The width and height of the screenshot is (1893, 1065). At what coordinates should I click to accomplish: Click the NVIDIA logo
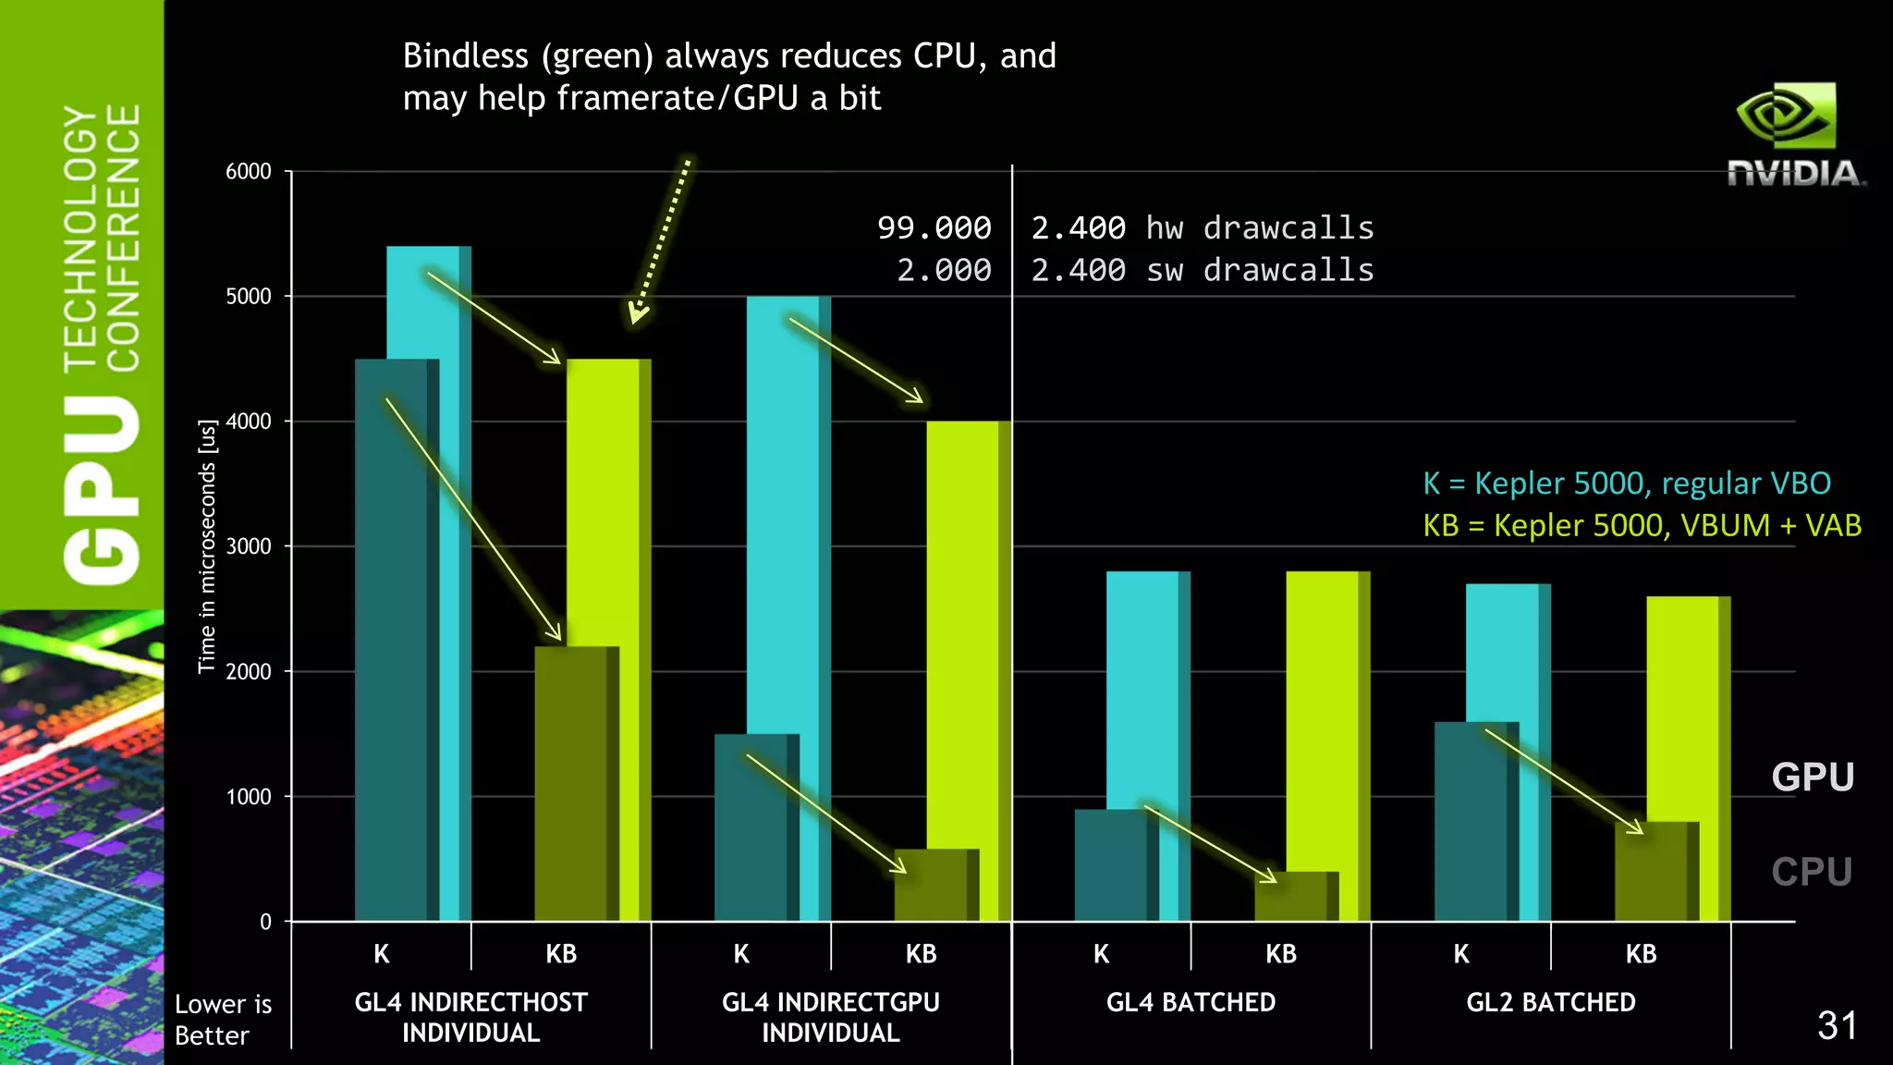pyautogui.click(x=1793, y=135)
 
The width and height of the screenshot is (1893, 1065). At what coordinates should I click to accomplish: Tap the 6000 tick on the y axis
pyautogui.click(x=249, y=172)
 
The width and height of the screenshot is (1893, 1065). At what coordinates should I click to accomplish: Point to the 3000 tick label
pyautogui.click(x=249, y=546)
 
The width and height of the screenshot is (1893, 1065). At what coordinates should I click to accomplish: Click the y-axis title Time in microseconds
pyautogui.click(x=207, y=546)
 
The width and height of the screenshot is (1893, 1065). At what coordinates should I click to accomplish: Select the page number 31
pyautogui.click(x=1836, y=1025)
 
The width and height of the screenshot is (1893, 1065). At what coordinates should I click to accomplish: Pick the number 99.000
pyautogui.click(x=934, y=227)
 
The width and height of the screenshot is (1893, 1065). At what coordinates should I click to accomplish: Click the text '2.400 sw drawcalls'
pyautogui.click(x=1202, y=270)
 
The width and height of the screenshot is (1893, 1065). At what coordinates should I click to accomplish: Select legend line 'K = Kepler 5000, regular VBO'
pyautogui.click(x=1626, y=483)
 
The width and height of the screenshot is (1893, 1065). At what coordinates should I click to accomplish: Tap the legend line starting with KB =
pyautogui.click(x=1641, y=525)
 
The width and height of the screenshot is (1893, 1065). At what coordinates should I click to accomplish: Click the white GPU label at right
pyautogui.click(x=1812, y=777)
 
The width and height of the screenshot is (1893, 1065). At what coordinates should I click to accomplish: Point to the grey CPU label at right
pyautogui.click(x=1811, y=871)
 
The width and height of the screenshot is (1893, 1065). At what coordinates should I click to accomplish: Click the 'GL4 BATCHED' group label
pyautogui.click(x=1191, y=1002)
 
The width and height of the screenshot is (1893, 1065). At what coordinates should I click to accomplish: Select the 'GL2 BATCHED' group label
pyautogui.click(x=1550, y=1002)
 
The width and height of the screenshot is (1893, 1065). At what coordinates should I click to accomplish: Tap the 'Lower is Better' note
pyautogui.click(x=223, y=1019)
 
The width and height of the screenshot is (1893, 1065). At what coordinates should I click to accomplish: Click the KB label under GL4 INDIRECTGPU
pyautogui.click(x=921, y=954)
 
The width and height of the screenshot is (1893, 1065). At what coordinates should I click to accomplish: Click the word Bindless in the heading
pyautogui.click(x=465, y=56)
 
